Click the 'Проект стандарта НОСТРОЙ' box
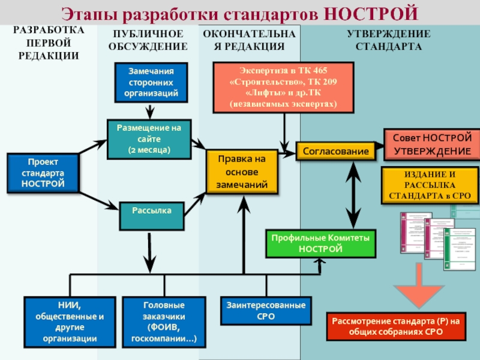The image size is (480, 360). [43, 173]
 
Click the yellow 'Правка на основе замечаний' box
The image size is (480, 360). [242, 172]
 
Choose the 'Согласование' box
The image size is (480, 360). [335, 151]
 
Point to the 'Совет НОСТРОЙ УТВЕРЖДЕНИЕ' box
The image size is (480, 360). [432, 144]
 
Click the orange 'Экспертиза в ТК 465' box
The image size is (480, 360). [283, 87]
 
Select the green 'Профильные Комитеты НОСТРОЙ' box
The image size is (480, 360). [320, 244]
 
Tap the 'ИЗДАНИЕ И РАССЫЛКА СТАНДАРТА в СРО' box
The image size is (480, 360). [430, 185]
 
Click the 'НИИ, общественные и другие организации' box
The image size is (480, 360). [70, 322]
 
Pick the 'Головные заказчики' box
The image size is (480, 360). [163, 322]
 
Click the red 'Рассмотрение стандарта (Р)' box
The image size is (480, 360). [396, 326]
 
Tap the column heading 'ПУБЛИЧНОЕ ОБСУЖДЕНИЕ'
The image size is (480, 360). [148, 41]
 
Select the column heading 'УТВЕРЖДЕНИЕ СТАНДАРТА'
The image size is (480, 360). [388, 41]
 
